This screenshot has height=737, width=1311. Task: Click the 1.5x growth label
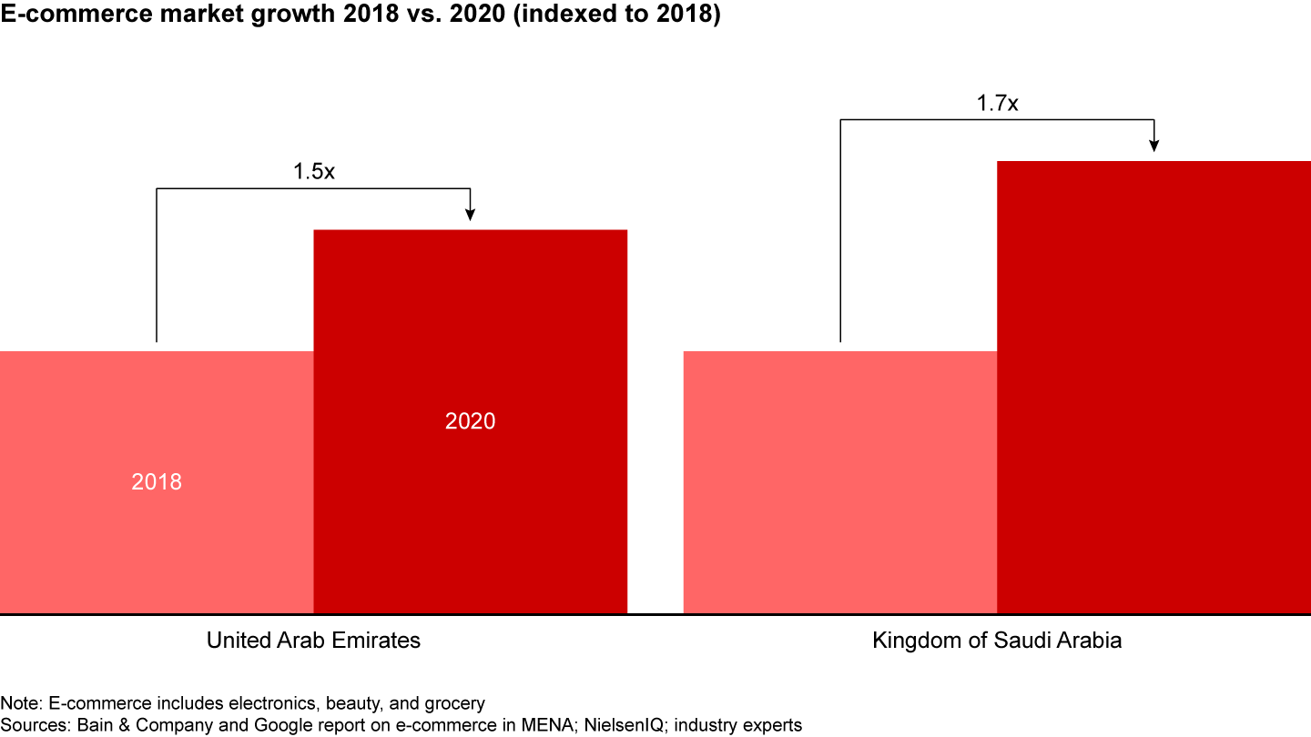click(314, 171)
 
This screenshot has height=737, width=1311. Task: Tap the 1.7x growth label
click(997, 103)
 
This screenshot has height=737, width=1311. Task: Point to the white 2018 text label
click(157, 481)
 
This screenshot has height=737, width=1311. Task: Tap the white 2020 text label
click(470, 421)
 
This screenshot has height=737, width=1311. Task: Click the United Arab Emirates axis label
click(313, 641)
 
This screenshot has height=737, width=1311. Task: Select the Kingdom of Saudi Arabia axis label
click(997, 641)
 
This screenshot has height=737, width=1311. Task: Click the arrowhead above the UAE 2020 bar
click(470, 215)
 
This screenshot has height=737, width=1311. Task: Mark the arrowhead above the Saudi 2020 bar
click(1153, 146)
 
